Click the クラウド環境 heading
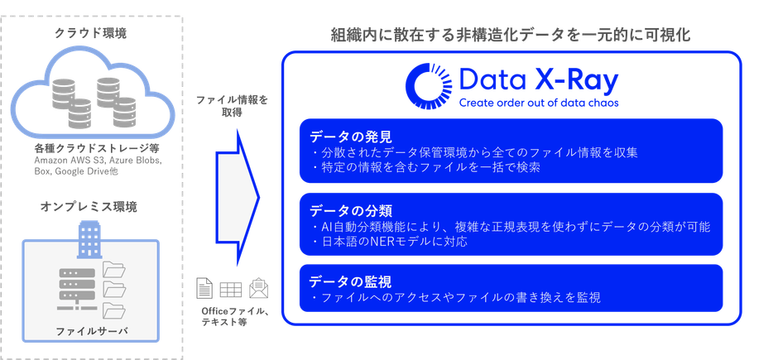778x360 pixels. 90,33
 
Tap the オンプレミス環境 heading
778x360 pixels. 89,206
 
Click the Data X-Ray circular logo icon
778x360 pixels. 429,86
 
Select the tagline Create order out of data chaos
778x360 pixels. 538,103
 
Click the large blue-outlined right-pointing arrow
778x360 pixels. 238,198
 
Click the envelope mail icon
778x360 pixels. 258,288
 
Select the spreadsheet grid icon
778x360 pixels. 231,289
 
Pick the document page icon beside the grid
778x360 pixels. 204,288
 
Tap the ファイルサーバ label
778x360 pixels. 90,331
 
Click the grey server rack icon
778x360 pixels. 75,290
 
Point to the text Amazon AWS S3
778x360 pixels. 70,161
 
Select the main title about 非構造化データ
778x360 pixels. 511,36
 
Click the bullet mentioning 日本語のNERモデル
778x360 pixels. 390,242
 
